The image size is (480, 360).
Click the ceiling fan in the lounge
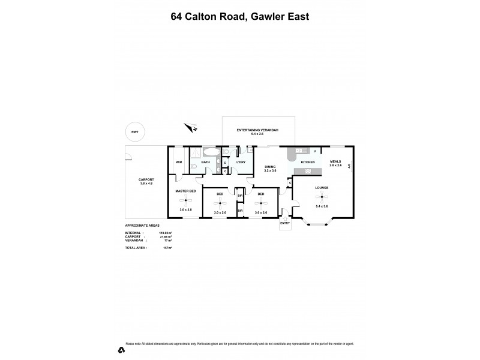coord(322,196)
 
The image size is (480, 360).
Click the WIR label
coord(179,163)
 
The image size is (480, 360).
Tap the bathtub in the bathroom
coord(211,152)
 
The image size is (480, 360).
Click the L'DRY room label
coord(241,163)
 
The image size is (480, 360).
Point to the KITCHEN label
coord(308,163)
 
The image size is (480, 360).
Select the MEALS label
coord(335,161)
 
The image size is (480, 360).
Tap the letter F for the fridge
coord(315,151)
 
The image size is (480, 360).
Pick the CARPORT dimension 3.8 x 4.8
coord(146,183)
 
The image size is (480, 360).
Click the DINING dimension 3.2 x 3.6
coord(270,170)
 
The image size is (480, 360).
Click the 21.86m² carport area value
coord(167,236)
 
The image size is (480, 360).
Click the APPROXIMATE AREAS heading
coord(142,226)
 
